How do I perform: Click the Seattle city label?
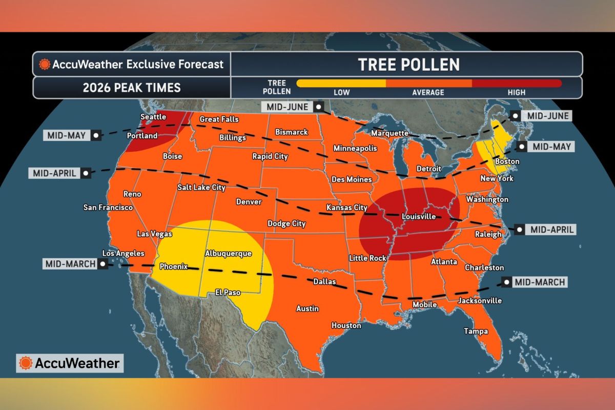pyautogui.click(x=153, y=117)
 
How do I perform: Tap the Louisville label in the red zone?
pyautogui.click(x=419, y=216)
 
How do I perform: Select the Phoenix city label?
pyautogui.click(x=174, y=266)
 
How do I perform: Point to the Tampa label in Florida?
pyautogui.click(x=476, y=331)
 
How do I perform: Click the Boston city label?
pyautogui.click(x=506, y=161)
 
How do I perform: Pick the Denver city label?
pyautogui.click(x=249, y=202)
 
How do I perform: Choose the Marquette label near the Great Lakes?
pyautogui.click(x=389, y=133)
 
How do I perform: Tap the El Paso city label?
pyautogui.click(x=225, y=293)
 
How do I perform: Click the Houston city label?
pyautogui.click(x=346, y=325)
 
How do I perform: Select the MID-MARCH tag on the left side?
pyautogui.click(x=70, y=264)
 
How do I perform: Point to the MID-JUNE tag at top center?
pyautogui.click(x=287, y=107)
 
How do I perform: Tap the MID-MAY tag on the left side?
pyautogui.click(x=67, y=135)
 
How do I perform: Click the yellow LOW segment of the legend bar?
pyautogui.click(x=341, y=83)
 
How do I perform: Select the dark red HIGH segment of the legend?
pyautogui.click(x=517, y=83)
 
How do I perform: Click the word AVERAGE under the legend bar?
pyautogui.click(x=428, y=92)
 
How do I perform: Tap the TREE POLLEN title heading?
pyautogui.click(x=408, y=65)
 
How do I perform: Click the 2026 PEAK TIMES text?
pyautogui.click(x=132, y=88)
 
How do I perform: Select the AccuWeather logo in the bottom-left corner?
pyautogui.click(x=70, y=363)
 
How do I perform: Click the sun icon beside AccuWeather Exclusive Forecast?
pyautogui.click(x=45, y=65)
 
